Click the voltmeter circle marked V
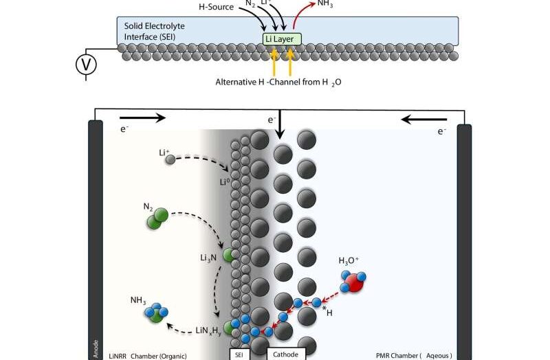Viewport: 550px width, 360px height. click(86, 65)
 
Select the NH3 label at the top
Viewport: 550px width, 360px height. click(326, 4)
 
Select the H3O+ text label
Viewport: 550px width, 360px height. click(350, 261)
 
